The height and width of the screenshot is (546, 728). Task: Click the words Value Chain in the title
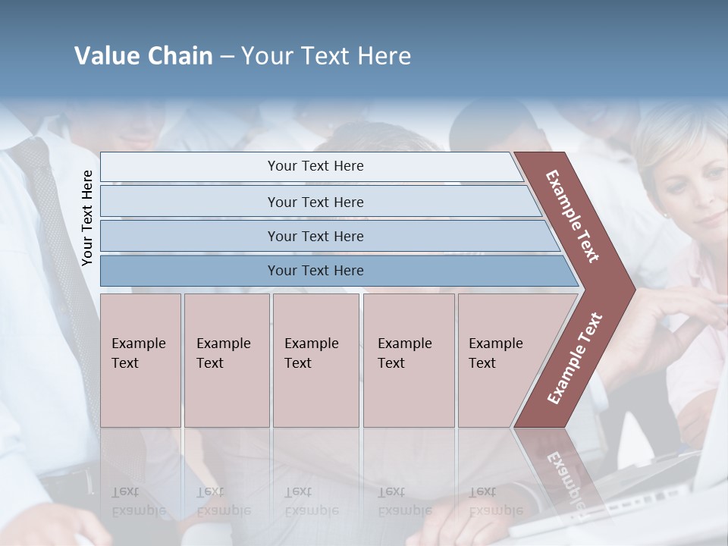pyautogui.click(x=143, y=56)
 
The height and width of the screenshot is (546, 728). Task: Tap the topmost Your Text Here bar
pyautogui.click(x=315, y=166)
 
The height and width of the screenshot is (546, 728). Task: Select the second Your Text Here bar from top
pyautogui.click(x=315, y=202)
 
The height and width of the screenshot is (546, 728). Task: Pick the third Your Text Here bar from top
pyautogui.click(x=315, y=236)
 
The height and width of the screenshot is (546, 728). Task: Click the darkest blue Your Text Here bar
pyautogui.click(x=315, y=271)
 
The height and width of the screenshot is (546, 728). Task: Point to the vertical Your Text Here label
pyautogui.click(x=88, y=218)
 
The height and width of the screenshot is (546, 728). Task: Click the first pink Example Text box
pyautogui.click(x=140, y=359)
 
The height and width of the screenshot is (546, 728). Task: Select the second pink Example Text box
pyautogui.click(x=226, y=359)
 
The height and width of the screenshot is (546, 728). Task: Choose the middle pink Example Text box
pyautogui.click(x=315, y=359)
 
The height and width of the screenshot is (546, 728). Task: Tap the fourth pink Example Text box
pyautogui.click(x=408, y=359)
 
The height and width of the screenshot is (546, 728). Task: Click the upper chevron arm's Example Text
pyautogui.click(x=573, y=216)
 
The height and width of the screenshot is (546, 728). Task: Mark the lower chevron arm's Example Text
pyautogui.click(x=575, y=358)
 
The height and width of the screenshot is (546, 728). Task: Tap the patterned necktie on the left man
pyautogui.click(x=57, y=250)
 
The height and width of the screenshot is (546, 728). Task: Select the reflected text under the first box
pyautogui.click(x=139, y=501)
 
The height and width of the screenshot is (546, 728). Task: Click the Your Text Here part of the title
pyautogui.click(x=326, y=56)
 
